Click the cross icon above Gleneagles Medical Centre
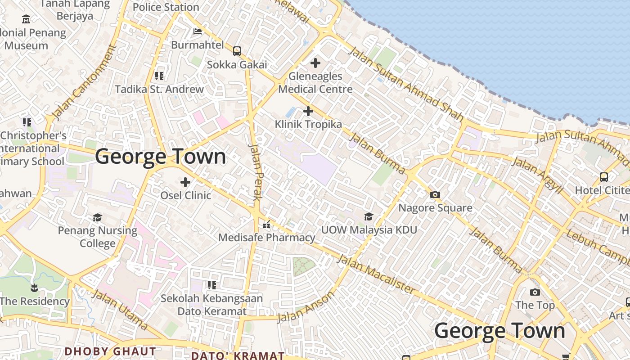click(x=315, y=63)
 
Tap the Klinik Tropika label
click(x=308, y=124)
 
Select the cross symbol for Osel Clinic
click(x=185, y=182)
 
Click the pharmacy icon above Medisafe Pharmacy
click(x=266, y=224)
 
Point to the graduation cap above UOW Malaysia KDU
click(x=369, y=217)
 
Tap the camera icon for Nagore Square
click(x=435, y=195)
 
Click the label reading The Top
click(x=535, y=305)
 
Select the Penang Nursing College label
click(x=98, y=237)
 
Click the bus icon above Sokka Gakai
click(x=237, y=51)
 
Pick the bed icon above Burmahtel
click(x=197, y=31)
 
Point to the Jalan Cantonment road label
click(x=84, y=82)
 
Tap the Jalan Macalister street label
click(x=376, y=274)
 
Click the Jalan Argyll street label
click(x=537, y=175)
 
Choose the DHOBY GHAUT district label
click(x=110, y=351)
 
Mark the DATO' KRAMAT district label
click(x=238, y=355)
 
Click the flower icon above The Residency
click(x=34, y=287)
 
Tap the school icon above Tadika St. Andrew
click(x=159, y=76)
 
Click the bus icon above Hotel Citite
click(x=604, y=177)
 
